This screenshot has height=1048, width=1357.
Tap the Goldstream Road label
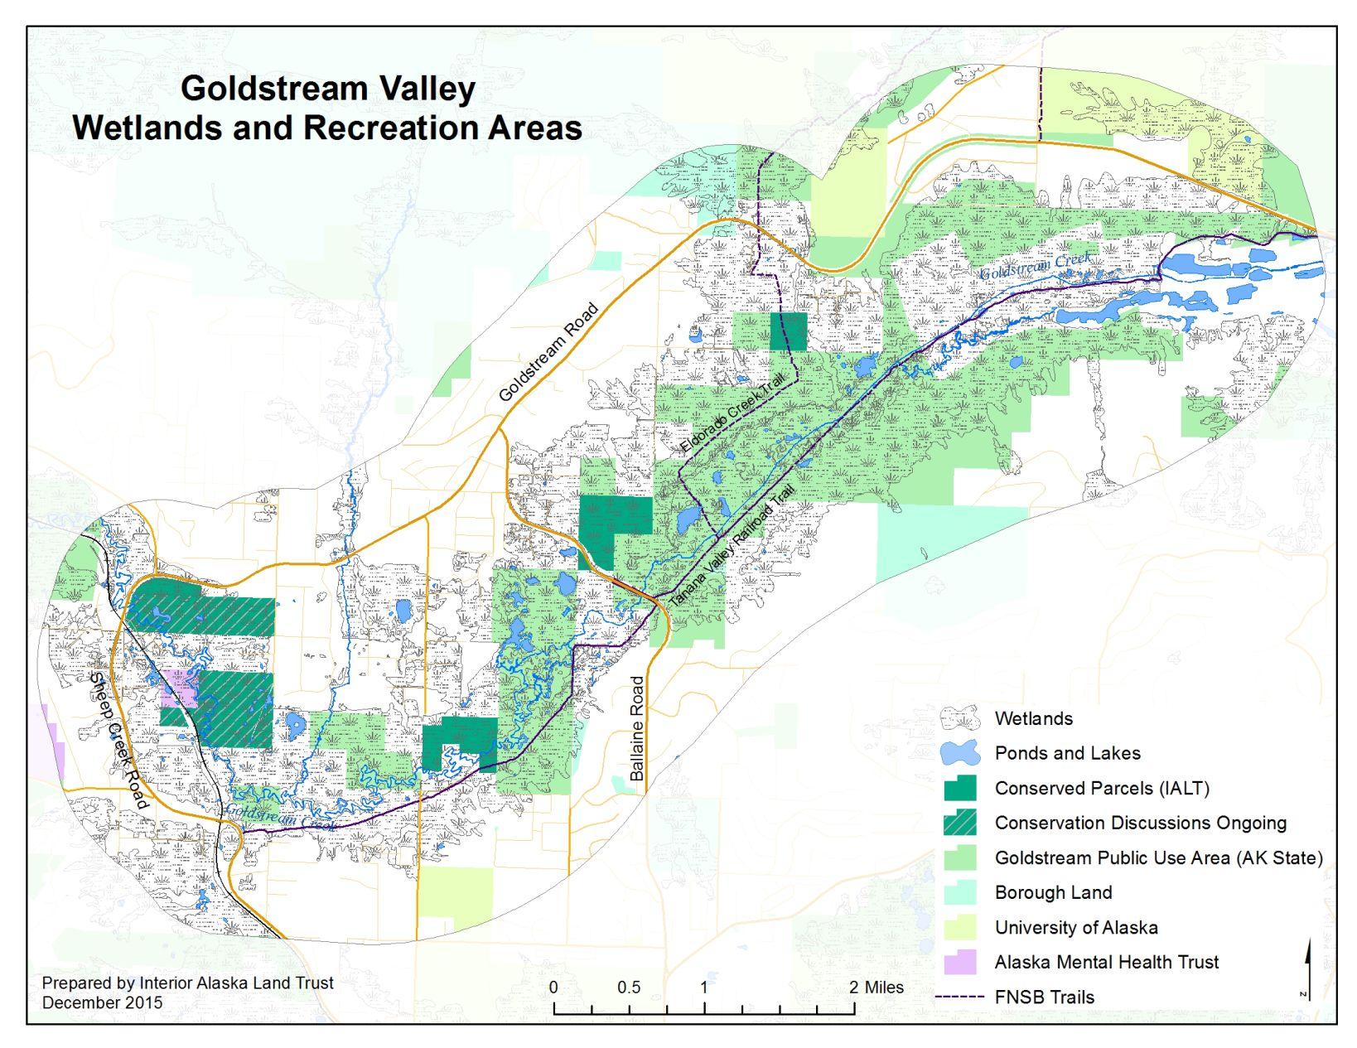548,353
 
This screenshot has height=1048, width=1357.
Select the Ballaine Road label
637,729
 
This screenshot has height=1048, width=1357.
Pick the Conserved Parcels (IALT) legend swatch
960,788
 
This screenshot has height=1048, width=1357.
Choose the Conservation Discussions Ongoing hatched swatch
960,823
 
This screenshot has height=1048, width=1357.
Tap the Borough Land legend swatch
960,892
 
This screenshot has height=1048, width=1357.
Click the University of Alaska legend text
1076,927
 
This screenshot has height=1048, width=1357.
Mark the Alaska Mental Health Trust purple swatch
960,962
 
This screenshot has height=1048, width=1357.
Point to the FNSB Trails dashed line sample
960,997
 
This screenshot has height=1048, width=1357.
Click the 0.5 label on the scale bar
629,988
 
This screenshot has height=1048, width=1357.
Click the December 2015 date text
102,1002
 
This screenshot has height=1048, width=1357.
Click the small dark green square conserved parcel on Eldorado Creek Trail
788,331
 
